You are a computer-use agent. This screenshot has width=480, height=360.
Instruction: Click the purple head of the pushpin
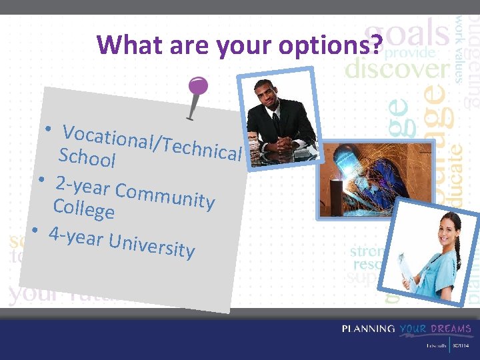[x=198, y=86]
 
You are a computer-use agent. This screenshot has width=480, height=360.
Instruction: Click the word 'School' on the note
[x=87, y=158]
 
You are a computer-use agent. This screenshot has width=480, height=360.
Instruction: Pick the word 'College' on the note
[x=84, y=209]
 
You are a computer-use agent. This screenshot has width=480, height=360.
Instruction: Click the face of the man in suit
[x=270, y=95]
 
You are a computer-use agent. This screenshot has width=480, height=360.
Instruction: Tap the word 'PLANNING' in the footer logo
[x=369, y=329]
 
